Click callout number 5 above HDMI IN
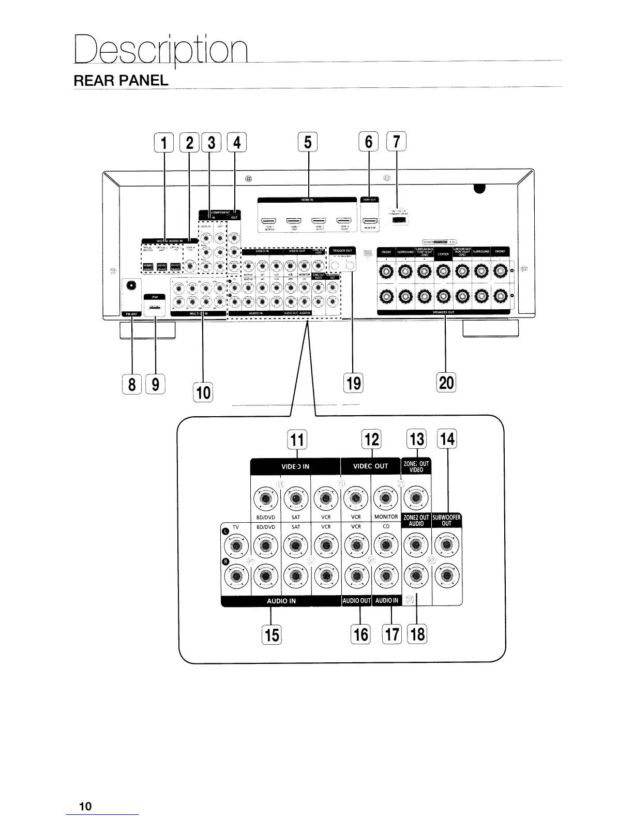[x=308, y=142]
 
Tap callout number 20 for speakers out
[x=446, y=382]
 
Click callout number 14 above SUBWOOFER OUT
[x=447, y=439]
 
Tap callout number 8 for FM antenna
[x=132, y=384]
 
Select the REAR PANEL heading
[x=121, y=81]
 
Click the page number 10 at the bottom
[x=85, y=806]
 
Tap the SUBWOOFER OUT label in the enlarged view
[x=446, y=520]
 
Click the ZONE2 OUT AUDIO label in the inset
[x=416, y=520]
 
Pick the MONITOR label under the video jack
[x=386, y=517]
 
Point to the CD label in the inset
[x=386, y=527]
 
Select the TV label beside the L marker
[x=236, y=527]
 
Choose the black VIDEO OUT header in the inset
[x=370, y=466]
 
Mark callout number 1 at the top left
[x=164, y=142]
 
